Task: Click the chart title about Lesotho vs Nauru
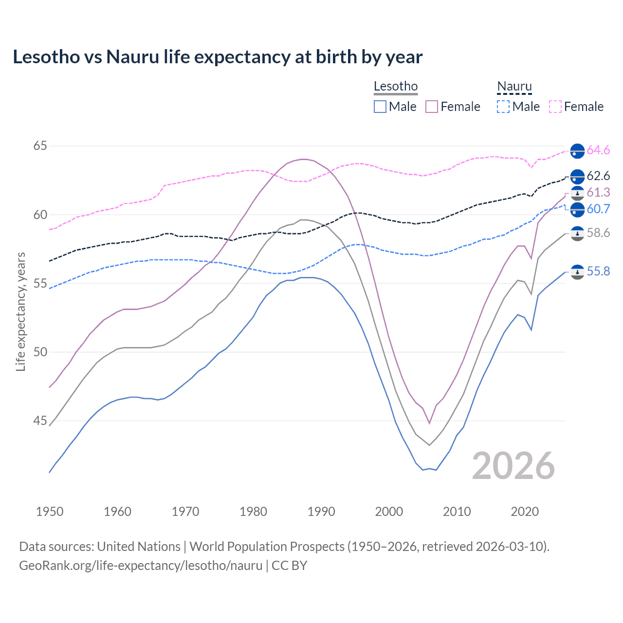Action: (x=218, y=57)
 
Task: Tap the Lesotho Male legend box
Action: (x=380, y=107)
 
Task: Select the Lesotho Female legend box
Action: (x=432, y=107)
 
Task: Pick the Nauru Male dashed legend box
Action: (x=503, y=107)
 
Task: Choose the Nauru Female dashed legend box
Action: (x=555, y=107)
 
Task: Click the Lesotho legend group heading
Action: (x=396, y=87)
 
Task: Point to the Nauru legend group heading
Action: (x=514, y=87)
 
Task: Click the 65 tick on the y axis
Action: (x=40, y=146)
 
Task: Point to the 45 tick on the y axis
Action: (x=40, y=421)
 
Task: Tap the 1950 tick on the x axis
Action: (x=50, y=512)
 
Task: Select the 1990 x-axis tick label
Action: (x=321, y=512)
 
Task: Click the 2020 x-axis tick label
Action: (x=525, y=512)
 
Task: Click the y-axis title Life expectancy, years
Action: (x=21, y=311)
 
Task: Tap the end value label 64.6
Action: (x=598, y=150)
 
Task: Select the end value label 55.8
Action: (x=598, y=272)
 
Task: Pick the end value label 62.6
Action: (x=598, y=176)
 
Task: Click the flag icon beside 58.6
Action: (x=577, y=234)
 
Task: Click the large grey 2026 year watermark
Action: (x=513, y=466)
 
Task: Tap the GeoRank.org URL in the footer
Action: (x=141, y=566)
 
